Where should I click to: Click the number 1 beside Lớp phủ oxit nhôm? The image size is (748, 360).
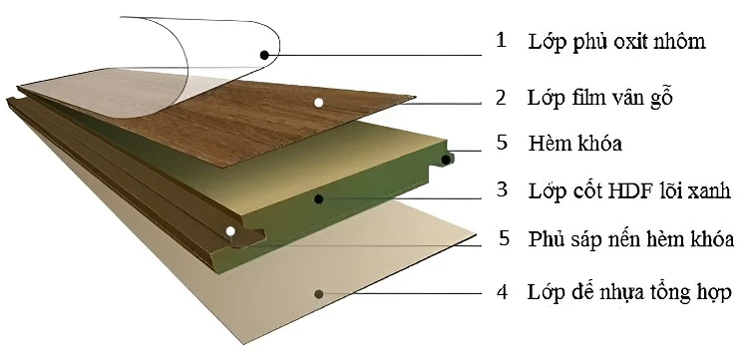click(501, 40)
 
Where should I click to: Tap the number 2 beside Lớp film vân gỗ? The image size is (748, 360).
click(501, 97)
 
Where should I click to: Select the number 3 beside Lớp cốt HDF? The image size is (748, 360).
click(502, 189)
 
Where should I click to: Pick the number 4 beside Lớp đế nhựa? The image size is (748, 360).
click(502, 291)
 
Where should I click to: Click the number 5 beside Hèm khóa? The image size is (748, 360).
click(502, 142)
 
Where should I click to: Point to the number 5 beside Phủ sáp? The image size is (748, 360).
click(505, 238)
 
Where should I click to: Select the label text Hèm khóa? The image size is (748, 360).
click(574, 143)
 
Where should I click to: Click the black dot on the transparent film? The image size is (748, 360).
click(264, 55)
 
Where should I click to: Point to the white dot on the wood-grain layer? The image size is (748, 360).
click(319, 102)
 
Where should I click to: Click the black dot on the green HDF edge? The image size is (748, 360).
click(319, 198)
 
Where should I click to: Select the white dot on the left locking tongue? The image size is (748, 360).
click(230, 231)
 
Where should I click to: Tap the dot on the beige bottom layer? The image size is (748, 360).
click(319, 294)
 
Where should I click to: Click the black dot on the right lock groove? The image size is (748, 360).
click(446, 160)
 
